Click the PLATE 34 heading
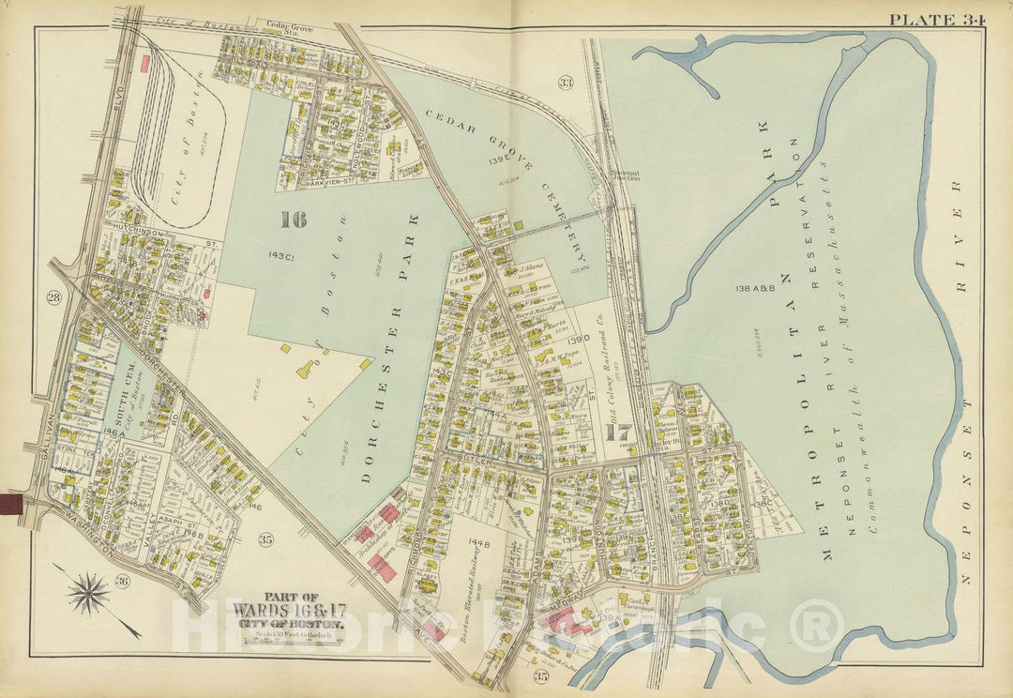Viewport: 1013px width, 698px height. pyautogui.click(x=935, y=20)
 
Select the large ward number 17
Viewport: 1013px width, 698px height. pyautogui.click(x=619, y=433)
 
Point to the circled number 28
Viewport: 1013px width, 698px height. pyautogui.click(x=53, y=298)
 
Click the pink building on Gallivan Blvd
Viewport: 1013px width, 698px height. pyautogui.click(x=145, y=63)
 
